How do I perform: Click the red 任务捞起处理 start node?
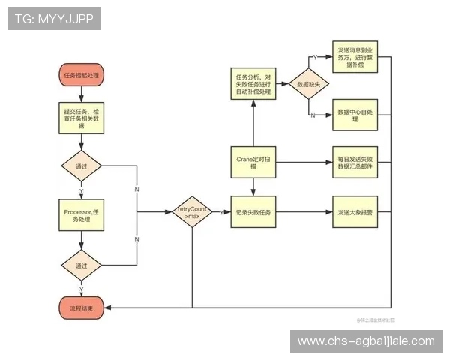tap(80, 75)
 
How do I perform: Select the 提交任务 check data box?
tap(80, 117)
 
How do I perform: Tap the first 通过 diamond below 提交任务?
tap(80, 166)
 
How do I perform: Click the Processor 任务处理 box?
tap(80, 217)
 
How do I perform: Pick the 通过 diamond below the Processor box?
tap(80, 265)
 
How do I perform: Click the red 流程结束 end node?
tap(80, 307)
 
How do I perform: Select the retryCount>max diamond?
tap(192, 212)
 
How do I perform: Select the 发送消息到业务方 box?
tap(355, 57)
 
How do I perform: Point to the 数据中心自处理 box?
tap(355, 115)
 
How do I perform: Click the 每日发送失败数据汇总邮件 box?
tap(355, 162)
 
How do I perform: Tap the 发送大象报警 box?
tap(355, 212)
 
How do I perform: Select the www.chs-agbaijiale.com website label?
tap(366, 341)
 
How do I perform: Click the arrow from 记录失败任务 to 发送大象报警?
tap(304, 212)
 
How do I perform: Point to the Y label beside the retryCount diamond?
tap(222, 212)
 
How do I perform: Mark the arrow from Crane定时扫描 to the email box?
tap(304, 162)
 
